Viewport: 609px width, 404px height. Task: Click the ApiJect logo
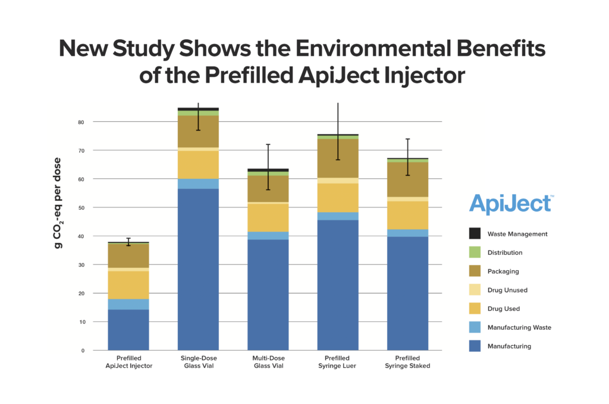click(x=510, y=204)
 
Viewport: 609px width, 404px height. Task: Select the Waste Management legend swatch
click(x=475, y=233)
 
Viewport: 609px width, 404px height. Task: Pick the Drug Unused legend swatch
click(x=475, y=290)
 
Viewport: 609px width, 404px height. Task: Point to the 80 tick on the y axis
click(x=80, y=122)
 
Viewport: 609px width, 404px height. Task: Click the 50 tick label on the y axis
click(x=80, y=208)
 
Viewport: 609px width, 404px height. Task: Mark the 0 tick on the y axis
click(x=82, y=351)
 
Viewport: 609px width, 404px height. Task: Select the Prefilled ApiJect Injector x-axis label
click(x=128, y=362)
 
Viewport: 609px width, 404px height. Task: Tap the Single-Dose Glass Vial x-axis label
click(x=198, y=362)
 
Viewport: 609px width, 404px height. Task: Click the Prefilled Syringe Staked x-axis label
click(x=408, y=362)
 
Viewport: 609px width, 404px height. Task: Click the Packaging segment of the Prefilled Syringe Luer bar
click(x=338, y=158)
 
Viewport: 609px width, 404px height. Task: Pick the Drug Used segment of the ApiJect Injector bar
click(x=128, y=285)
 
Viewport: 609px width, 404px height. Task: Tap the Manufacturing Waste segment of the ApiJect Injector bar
click(x=128, y=304)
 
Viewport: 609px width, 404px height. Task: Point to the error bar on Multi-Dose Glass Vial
click(x=268, y=166)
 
